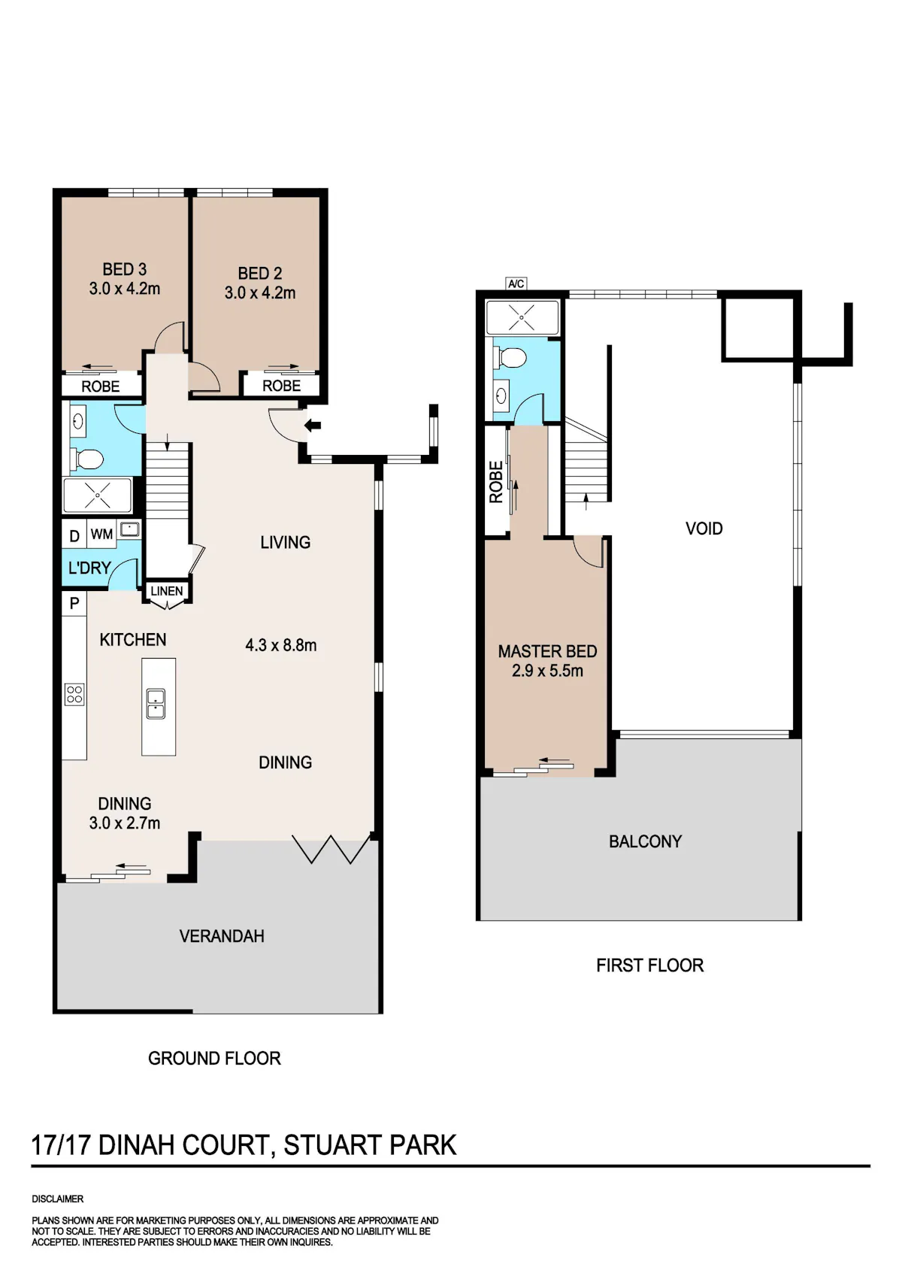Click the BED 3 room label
pos(124,269)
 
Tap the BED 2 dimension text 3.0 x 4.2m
pos(259,292)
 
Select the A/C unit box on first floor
pos(516,283)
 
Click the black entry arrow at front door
pos(313,425)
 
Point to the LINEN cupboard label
pos(167,591)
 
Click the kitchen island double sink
pos(156,704)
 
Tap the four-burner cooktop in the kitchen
pos(74,695)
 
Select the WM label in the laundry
pos(101,535)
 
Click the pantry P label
pos(74,603)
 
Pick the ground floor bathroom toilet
pos(87,459)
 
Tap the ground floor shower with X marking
pos(98,496)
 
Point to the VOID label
pos(704,529)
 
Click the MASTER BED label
pos(547,651)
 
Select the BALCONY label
pos(645,841)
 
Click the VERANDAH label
pos(222,936)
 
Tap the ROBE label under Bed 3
pos(100,386)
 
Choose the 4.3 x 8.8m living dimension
pos(280,645)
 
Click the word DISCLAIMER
pos(58,1199)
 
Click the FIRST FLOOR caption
pos(649,965)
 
